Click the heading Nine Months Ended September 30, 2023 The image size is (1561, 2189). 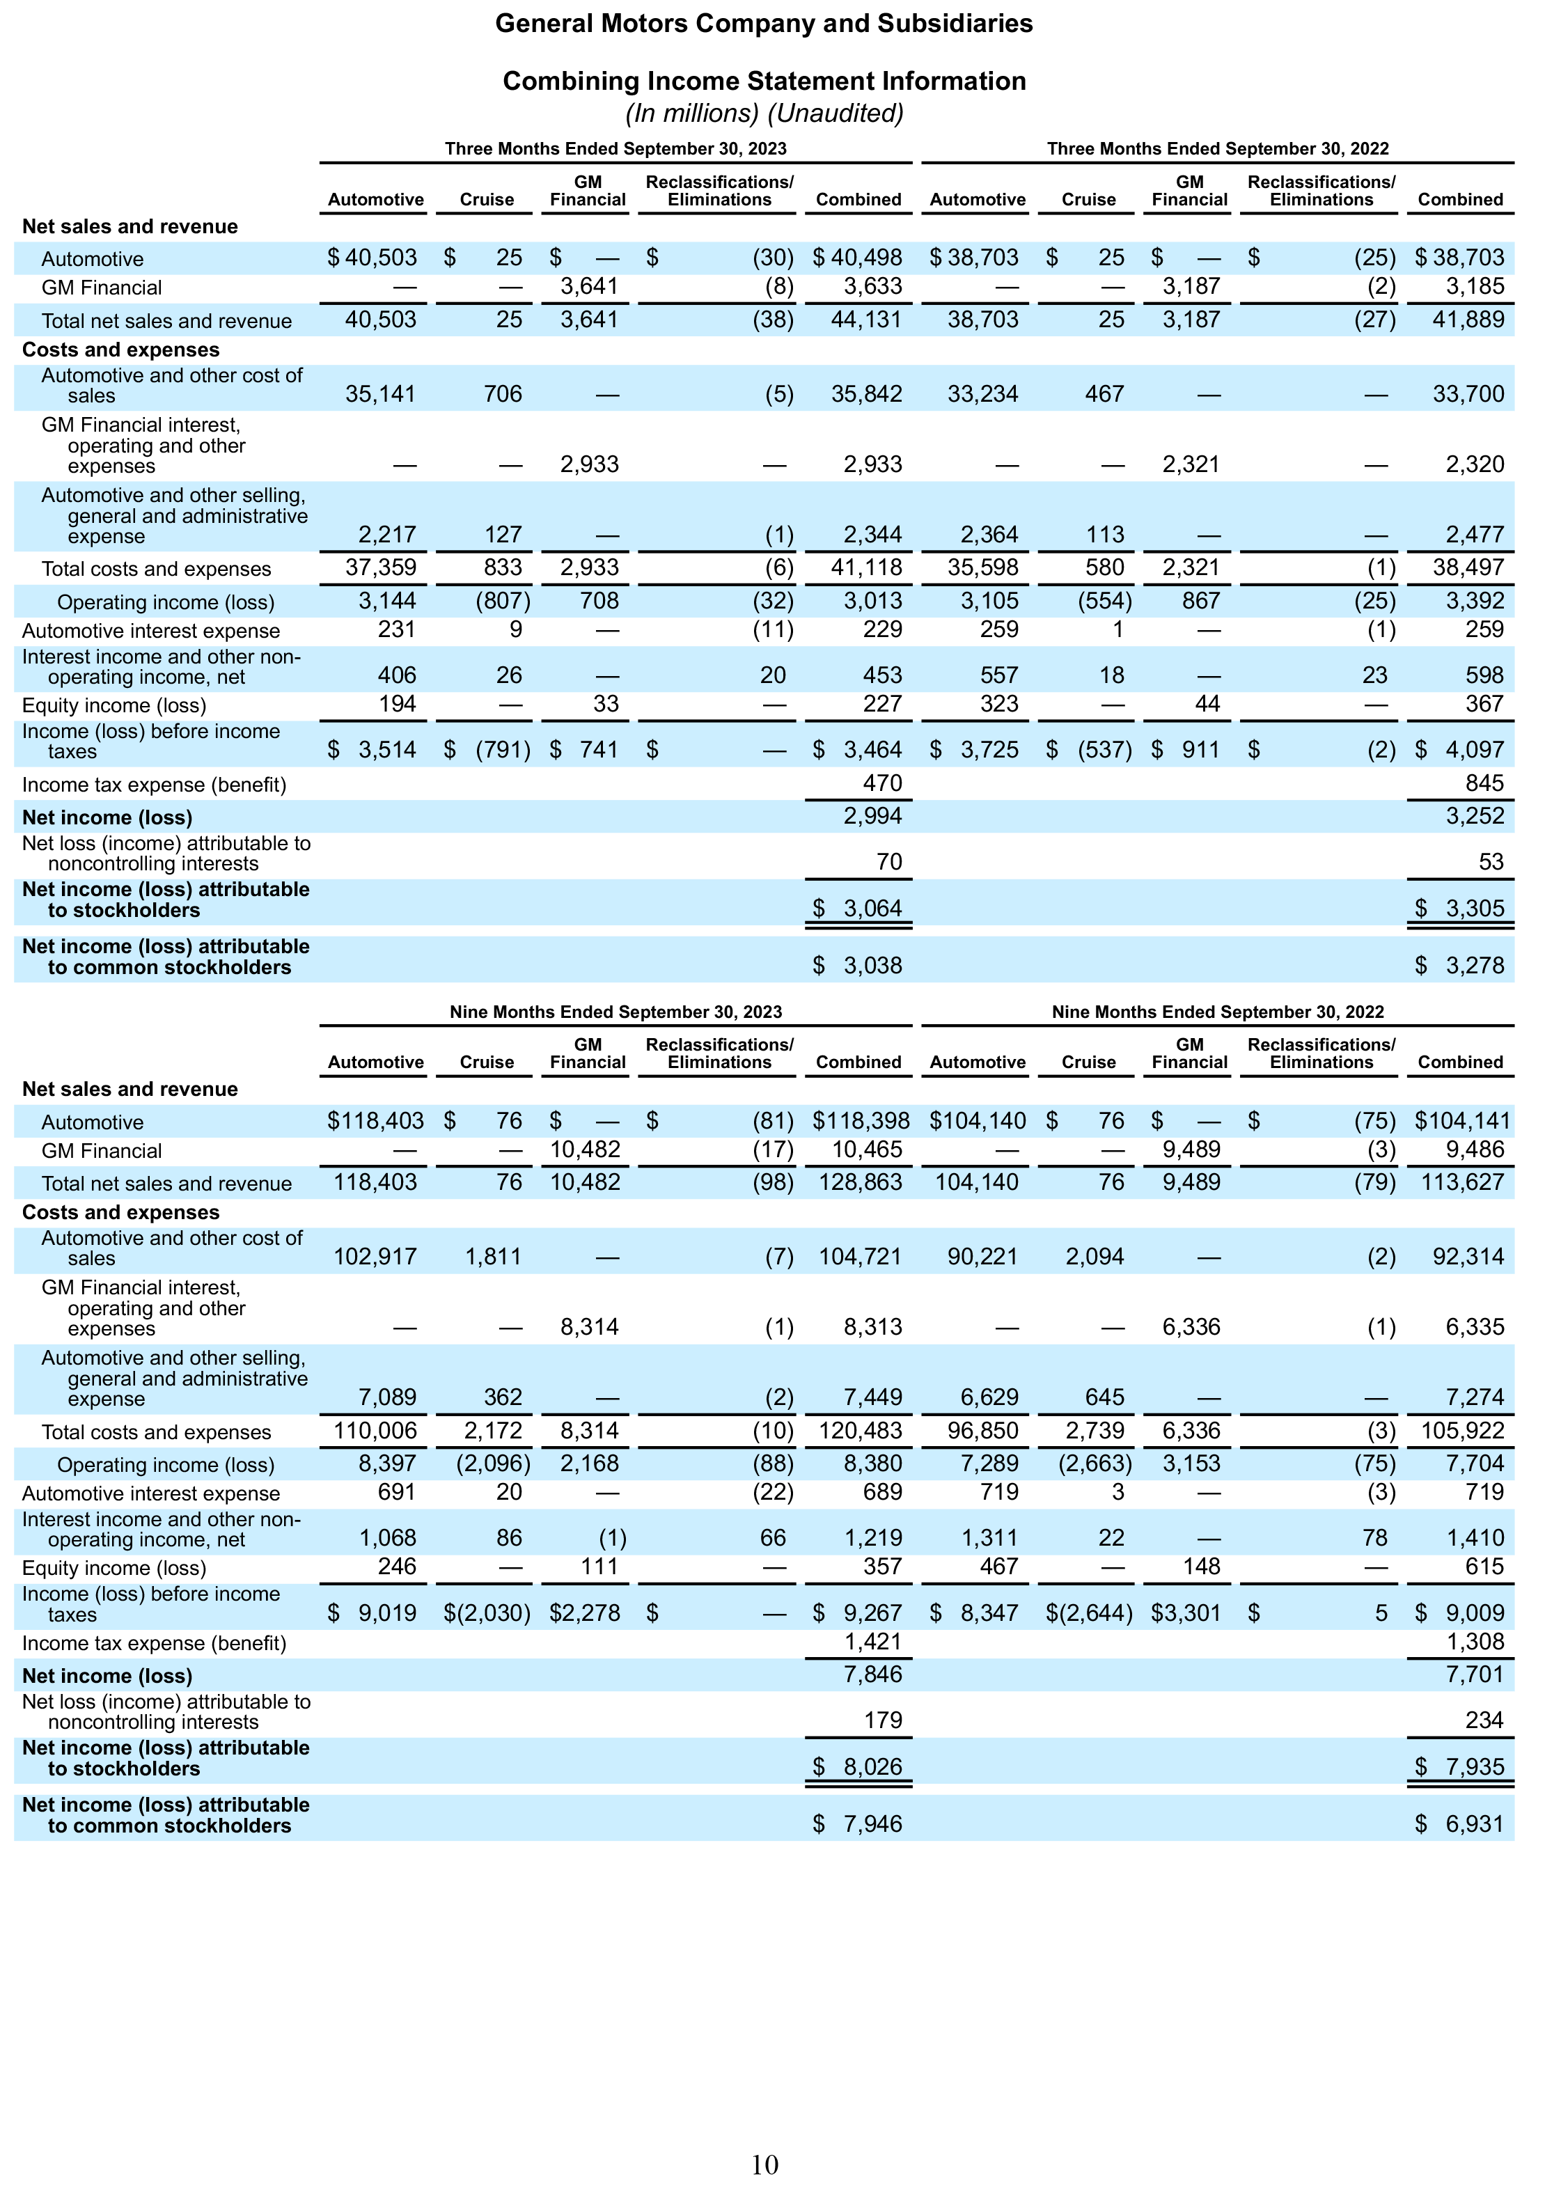click(615, 1012)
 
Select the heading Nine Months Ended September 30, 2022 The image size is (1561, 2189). click(1218, 1012)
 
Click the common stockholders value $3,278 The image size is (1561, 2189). click(1459, 965)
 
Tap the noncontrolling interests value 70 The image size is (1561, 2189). click(889, 861)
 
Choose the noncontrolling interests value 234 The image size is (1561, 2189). click(1485, 1720)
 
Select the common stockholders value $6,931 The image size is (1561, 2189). click(1459, 1824)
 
